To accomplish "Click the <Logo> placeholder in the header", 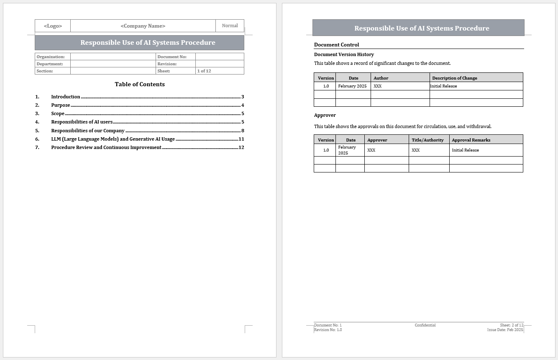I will (x=53, y=26).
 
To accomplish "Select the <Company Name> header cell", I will (x=143, y=26).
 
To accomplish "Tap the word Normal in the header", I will (x=230, y=26).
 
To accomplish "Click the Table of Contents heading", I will (x=140, y=84).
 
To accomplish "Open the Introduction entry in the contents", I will (x=66, y=97).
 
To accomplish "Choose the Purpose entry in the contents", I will (x=61, y=105).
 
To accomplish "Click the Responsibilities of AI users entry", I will (x=82, y=122).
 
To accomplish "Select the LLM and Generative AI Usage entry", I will (x=113, y=139).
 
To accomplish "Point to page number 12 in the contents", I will (x=241, y=147).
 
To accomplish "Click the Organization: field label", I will (x=51, y=57).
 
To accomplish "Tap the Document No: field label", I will (x=172, y=57).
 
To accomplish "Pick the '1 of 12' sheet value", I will (x=204, y=71).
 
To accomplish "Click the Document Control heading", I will (x=336, y=45).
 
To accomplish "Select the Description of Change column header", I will (x=455, y=78).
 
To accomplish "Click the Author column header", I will (x=381, y=78).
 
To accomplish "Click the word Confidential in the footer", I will (x=425, y=325).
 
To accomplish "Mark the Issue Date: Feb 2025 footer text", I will (x=505, y=330).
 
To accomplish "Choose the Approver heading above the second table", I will (x=325, y=115).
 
